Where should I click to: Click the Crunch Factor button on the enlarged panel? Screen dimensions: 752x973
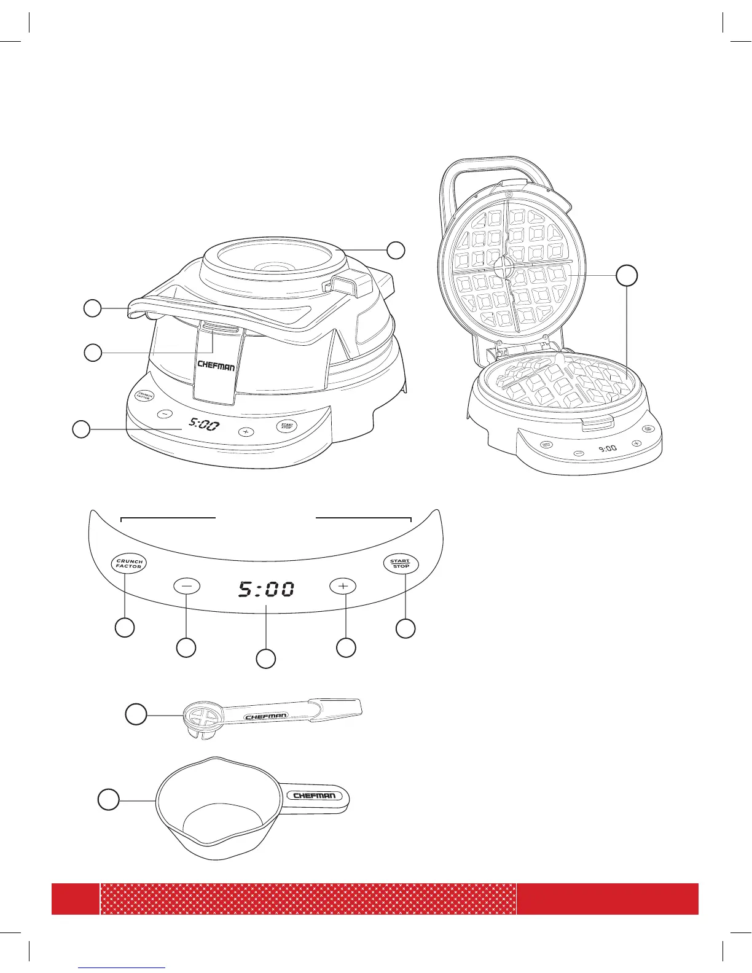pyautogui.click(x=129, y=563)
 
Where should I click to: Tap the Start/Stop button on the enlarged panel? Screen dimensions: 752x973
pyautogui.click(x=401, y=563)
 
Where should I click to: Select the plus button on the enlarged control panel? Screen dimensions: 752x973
pyautogui.click(x=343, y=586)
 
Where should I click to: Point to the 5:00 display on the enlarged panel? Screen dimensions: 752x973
pyautogui.click(x=265, y=590)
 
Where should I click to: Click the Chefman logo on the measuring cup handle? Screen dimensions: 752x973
pyautogui.click(x=314, y=796)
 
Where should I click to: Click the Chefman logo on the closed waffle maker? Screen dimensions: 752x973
pyautogui.click(x=216, y=365)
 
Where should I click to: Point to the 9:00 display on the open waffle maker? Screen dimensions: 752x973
pyautogui.click(x=607, y=448)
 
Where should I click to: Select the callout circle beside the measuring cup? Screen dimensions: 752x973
pyautogui.click(x=109, y=800)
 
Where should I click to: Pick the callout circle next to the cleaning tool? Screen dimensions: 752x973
pyautogui.click(x=136, y=715)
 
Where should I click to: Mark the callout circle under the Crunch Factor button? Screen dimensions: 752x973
pyautogui.click(x=125, y=628)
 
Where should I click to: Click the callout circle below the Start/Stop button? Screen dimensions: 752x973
pyautogui.click(x=405, y=628)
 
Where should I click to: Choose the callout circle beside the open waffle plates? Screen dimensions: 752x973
pyautogui.click(x=627, y=276)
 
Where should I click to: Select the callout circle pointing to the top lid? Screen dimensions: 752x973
pyautogui.click(x=396, y=250)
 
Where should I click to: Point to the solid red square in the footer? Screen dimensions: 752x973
pyautogui.click(x=75, y=899)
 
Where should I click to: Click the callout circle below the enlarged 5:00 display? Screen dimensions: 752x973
pyautogui.click(x=265, y=658)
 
